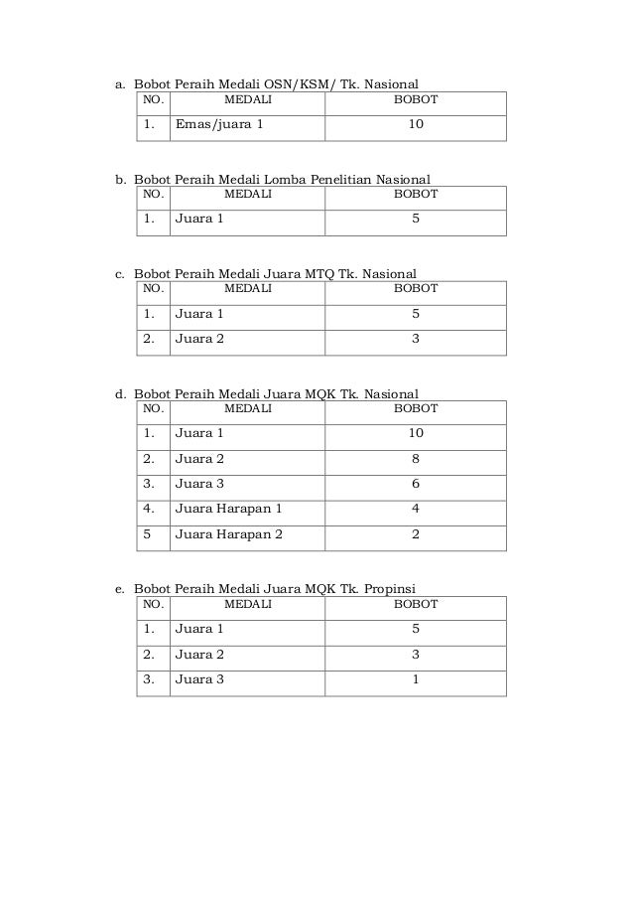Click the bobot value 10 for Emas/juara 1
[x=416, y=125]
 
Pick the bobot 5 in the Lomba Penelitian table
[x=416, y=219]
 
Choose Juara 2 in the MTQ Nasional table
[x=199, y=339]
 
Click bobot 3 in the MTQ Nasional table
[x=416, y=339]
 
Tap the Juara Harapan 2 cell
[x=229, y=534]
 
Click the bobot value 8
[x=416, y=459]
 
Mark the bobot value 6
[x=416, y=484]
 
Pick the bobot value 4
[x=416, y=509]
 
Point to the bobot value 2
[x=416, y=534]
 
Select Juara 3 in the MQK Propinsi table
[x=199, y=679]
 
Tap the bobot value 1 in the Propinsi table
[x=416, y=679]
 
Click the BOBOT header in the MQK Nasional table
[x=416, y=408]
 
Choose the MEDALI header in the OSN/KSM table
[x=247, y=100]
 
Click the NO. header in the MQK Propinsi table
[x=154, y=603]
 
